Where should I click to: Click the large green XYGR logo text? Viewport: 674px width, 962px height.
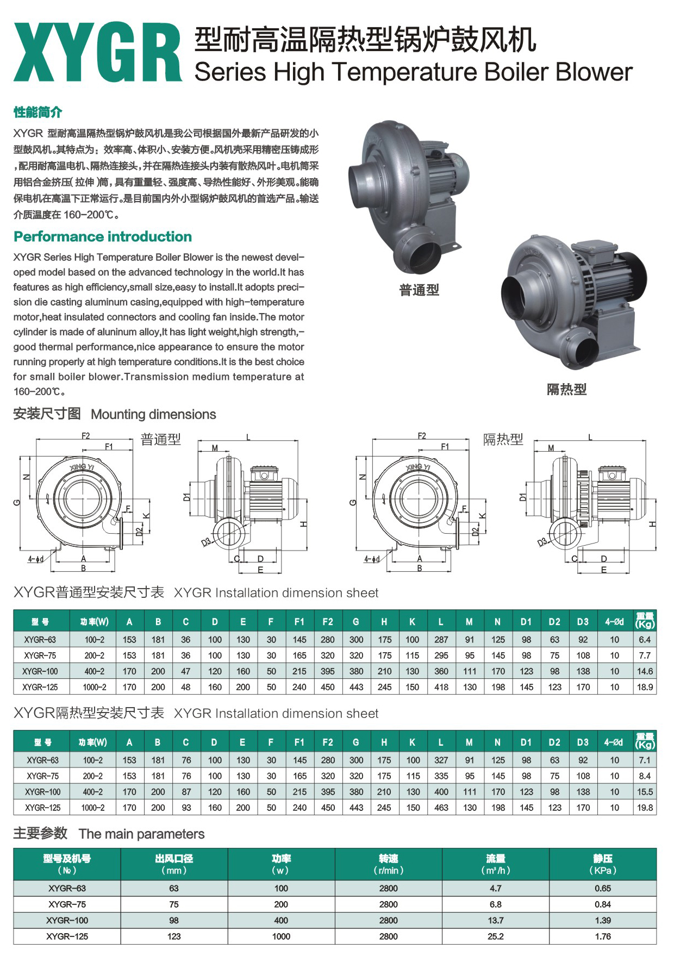(x=98, y=52)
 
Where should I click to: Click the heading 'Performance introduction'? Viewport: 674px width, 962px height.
(x=103, y=236)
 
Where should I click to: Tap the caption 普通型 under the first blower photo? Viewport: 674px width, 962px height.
(x=419, y=290)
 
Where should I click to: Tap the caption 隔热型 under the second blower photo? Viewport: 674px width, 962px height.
(x=566, y=389)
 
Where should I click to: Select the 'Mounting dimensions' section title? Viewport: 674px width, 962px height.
(x=153, y=414)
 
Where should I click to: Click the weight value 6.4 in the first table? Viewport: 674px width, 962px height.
(x=645, y=640)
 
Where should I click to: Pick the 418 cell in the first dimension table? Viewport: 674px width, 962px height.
(x=441, y=687)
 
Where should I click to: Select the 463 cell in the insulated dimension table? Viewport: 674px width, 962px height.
(x=441, y=808)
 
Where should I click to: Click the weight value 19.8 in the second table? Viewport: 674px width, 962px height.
(x=645, y=808)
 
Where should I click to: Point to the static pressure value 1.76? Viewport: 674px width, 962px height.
(x=603, y=936)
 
